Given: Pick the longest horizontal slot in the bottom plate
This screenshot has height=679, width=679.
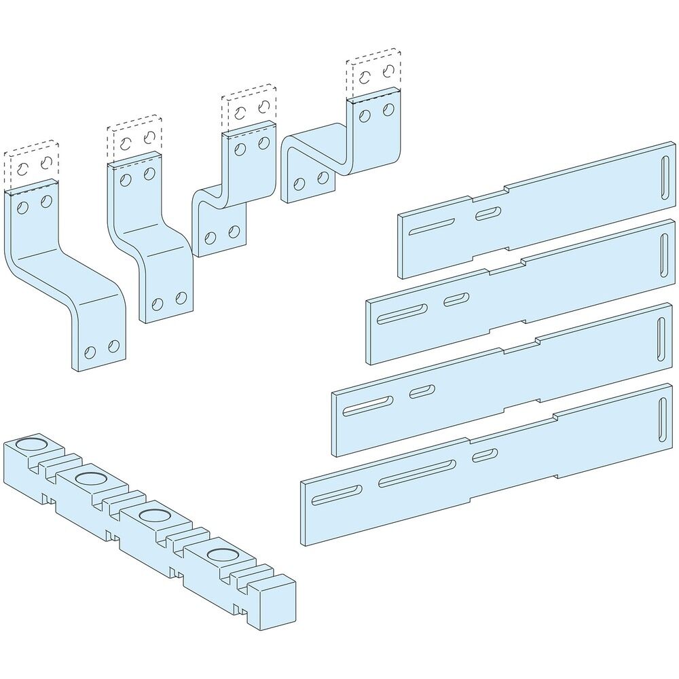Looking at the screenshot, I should coord(417,472).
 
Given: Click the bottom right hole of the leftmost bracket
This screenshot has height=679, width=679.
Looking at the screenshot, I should coord(113,347).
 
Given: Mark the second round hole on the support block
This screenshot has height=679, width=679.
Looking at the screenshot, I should coord(90,479).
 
